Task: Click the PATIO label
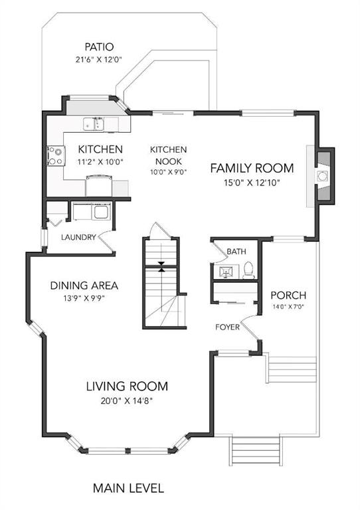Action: click(x=99, y=47)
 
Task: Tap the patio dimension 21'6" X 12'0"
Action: click(x=99, y=60)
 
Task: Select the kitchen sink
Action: click(x=94, y=124)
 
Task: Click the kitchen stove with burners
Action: click(x=56, y=156)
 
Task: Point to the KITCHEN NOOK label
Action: click(x=168, y=155)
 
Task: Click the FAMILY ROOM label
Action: click(x=252, y=168)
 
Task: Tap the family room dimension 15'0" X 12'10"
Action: click(x=252, y=183)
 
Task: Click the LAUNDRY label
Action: click(x=78, y=237)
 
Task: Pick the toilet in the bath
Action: click(x=249, y=271)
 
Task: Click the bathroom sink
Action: click(x=226, y=272)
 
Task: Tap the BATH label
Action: click(x=236, y=252)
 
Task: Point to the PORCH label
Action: click(x=288, y=296)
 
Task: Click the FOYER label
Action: click(x=227, y=327)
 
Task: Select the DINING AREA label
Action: click(x=84, y=286)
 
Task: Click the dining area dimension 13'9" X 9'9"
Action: click(x=84, y=298)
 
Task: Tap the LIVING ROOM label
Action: click(x=127, y=386)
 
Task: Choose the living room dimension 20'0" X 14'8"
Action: click(x=127, y=400)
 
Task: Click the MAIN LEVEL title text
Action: click(x=128, y=488)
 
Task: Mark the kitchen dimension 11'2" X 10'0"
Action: click(x=100, y=161)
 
